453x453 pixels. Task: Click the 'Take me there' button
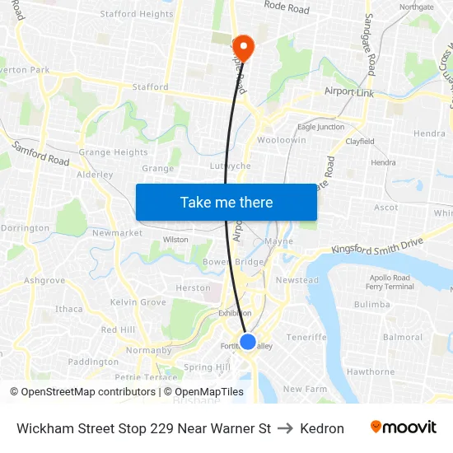pyautogui.click(x=226, y=202)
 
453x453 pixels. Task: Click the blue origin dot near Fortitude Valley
pyautogui.click(x=248, y=341)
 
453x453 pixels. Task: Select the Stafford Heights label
pyautogui.click(x=137, y=14)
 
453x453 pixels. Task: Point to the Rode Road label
pyautogui.click(x=287, y=8)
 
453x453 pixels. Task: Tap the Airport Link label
pyautogui.click(x=349, y=93)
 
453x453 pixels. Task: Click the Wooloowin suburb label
pyautogui.click(x=282, y=140)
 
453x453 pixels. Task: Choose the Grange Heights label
pyautogui.click(x=113, y=152)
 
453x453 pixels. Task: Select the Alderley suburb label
pyautogui.click(x=94, y=175)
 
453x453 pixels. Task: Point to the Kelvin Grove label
pyautogui.click(x=138, y=302)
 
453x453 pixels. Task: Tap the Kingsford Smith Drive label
pyautogui.click(x=376, y=245)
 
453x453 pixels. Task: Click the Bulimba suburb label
pyautogui.click(x=372, y=304)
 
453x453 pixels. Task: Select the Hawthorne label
pyautogui.click(x=371, y=371)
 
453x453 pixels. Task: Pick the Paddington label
pyautogui.click(x=93, y=362)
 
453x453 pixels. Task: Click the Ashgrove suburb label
pyautogui.click(x=44, y=280)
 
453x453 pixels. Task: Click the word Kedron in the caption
pyautogui.click(x=322, y=428)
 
